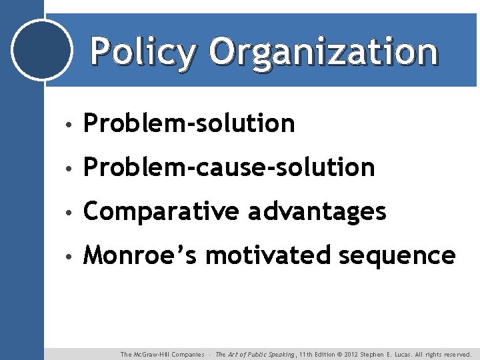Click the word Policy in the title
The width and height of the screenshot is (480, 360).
[143, 51]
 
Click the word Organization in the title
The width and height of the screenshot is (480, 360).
[323, 51]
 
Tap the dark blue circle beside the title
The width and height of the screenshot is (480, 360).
[42, 50]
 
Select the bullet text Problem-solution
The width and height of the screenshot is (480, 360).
[189, 123]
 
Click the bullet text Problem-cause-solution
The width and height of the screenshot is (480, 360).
[229, 167]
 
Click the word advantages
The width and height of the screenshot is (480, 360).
[317, 211]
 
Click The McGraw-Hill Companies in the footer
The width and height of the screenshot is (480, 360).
[162, 355]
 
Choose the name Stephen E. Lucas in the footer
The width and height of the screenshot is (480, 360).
[391, 355]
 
